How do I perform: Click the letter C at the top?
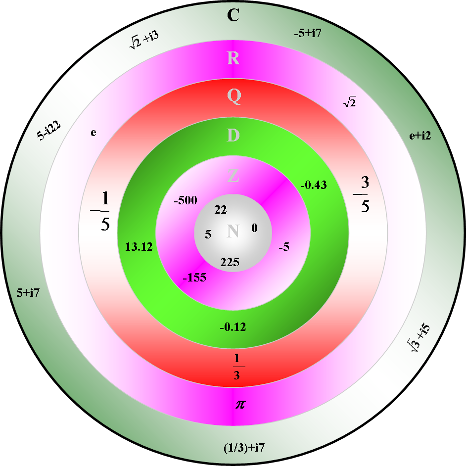pos(233,16)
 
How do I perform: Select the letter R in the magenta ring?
pos(233,58)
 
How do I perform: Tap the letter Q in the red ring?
pos(233,97)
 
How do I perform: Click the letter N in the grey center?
pos(233,231)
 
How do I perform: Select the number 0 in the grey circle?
pos(254,228)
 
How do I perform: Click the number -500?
pos(186,200)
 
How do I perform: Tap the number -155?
pos(194,278)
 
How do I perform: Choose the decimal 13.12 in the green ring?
pos(139,247)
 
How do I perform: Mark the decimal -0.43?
pos(314,185)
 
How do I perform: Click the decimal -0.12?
pos(233,326)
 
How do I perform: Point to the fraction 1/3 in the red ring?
pos(236,366)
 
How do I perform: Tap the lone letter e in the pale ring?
pos(93,133)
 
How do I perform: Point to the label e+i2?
pos(420,136)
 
